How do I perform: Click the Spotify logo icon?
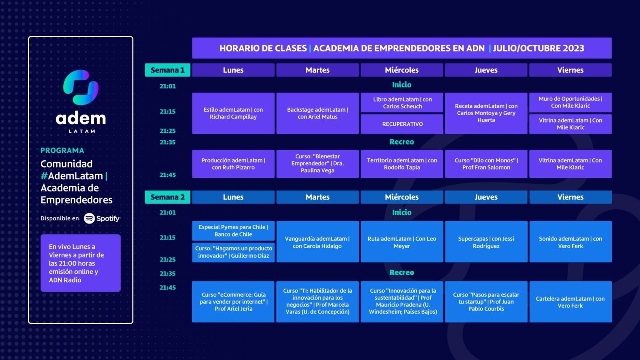[x=89, y=218]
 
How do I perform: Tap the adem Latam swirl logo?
[x=81, y=87]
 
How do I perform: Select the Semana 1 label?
[x=168, y=70]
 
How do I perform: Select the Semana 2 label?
[x=168, y=197]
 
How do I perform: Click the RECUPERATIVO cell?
[x=402, y=124]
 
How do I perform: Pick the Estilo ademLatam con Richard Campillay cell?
[x=233, y=113]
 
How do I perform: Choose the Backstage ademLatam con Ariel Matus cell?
[x=318, y=113]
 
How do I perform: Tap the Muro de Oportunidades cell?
[x=570, y=102]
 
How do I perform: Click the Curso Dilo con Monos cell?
[x=486, y=164]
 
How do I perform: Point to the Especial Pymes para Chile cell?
[x=233, y=230]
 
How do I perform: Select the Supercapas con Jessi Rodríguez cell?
[x=486, y=242]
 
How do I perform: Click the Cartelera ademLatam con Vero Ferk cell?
[x=570, y=302]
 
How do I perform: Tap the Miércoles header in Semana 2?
[x=402, y=197]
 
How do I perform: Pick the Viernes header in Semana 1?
[x=570, y=70]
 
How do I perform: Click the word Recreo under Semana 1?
[x=402, y=142]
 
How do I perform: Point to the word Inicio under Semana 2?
[x=402, y=212]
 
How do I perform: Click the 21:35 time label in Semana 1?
[x=168, y=142]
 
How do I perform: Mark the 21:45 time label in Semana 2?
[x=168, y=288]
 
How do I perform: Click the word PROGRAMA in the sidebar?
[x=62, y=150]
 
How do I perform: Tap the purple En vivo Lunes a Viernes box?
[x=80, y=263]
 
